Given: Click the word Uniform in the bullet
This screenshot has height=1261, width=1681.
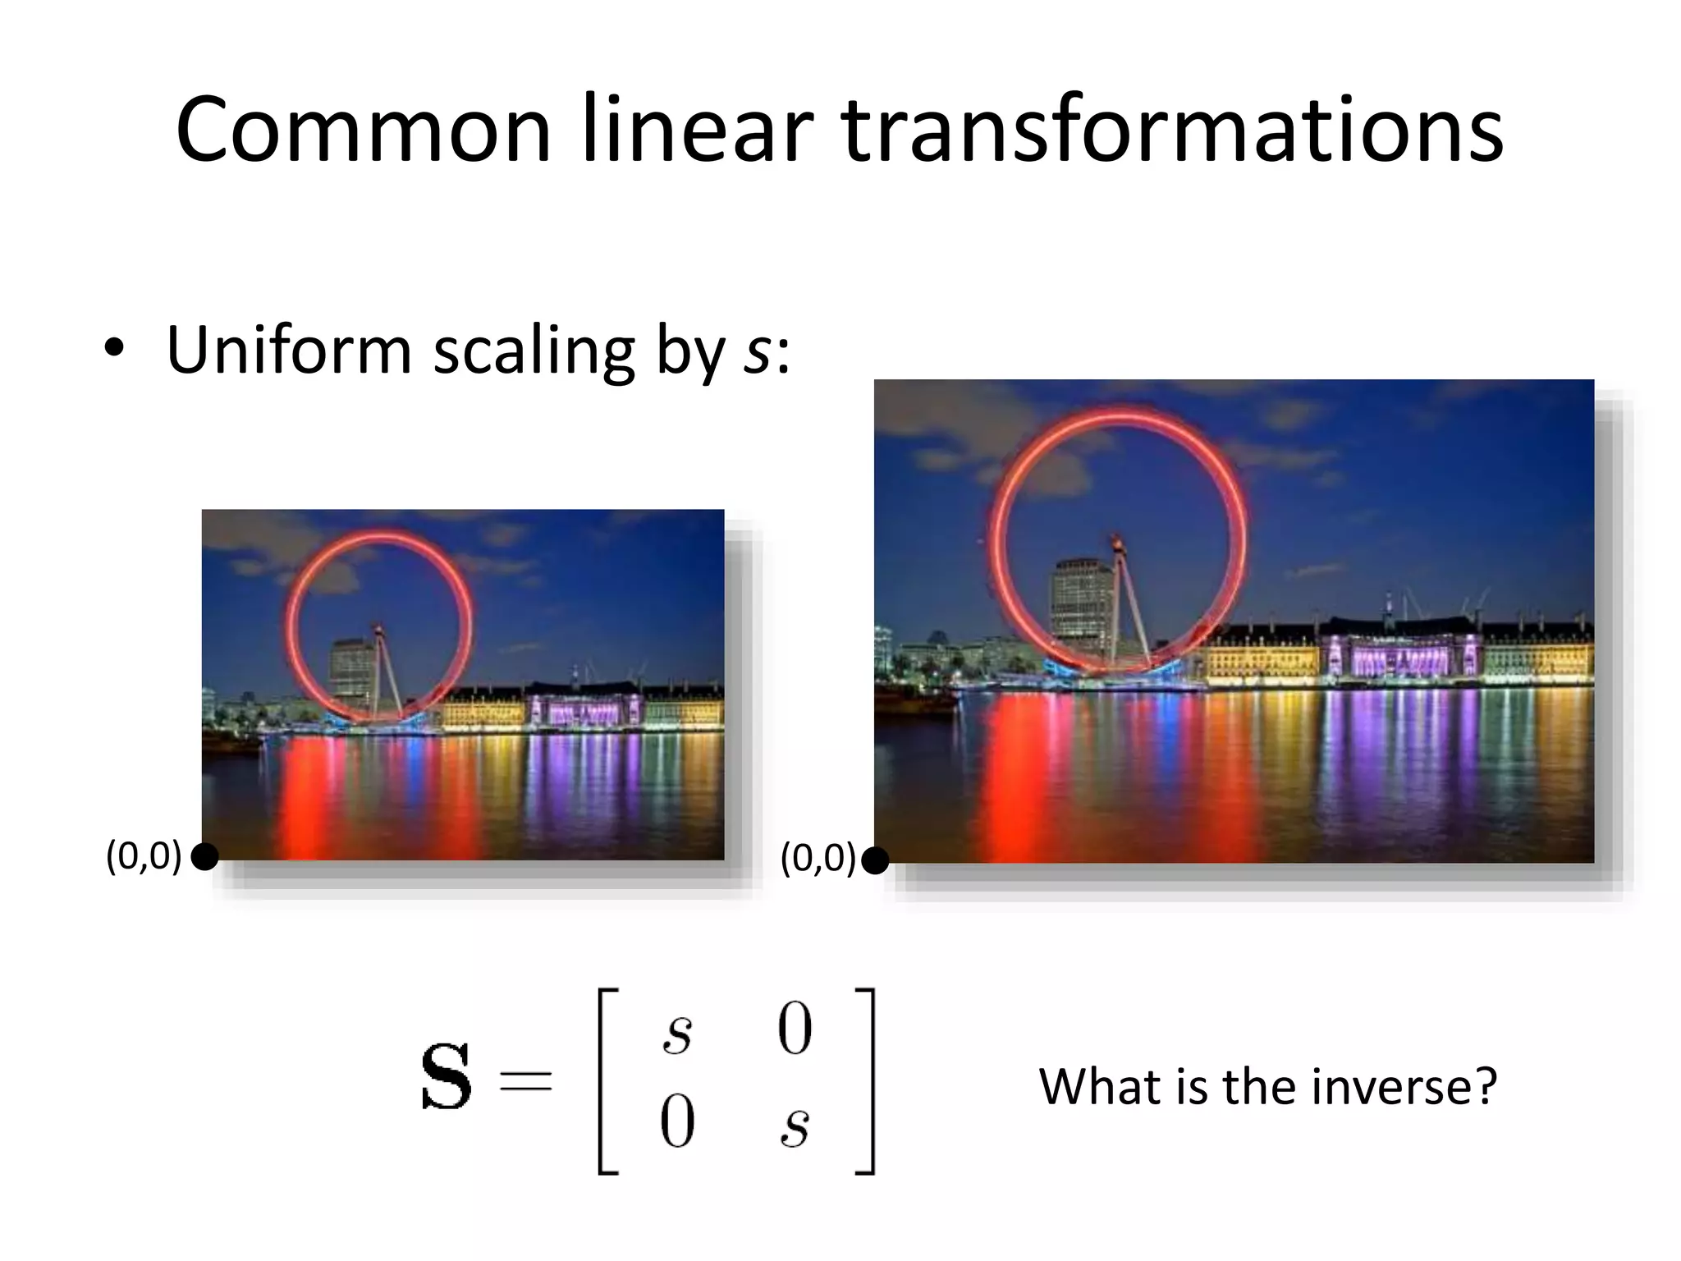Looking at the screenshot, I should pos(287,351).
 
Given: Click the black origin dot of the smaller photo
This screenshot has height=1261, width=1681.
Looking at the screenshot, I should pos(204,857).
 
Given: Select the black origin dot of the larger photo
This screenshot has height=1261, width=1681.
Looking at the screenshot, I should pos(876,861).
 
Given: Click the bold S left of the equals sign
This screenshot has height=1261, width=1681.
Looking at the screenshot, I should pos(446,1076).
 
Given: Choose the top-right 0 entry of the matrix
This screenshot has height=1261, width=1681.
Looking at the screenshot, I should pos(795,1029).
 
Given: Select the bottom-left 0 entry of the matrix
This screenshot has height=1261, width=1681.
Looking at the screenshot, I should pos(677,1122).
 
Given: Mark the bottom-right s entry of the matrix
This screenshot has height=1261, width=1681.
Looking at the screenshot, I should pos(795,1127).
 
